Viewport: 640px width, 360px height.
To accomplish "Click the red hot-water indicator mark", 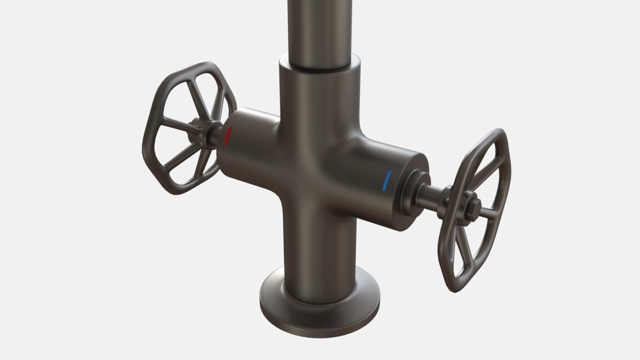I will click(x=228, y=135).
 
